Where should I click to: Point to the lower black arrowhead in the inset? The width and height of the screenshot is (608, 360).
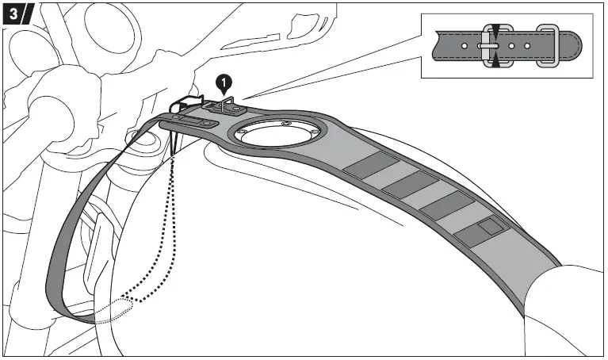tap(495, 61)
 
